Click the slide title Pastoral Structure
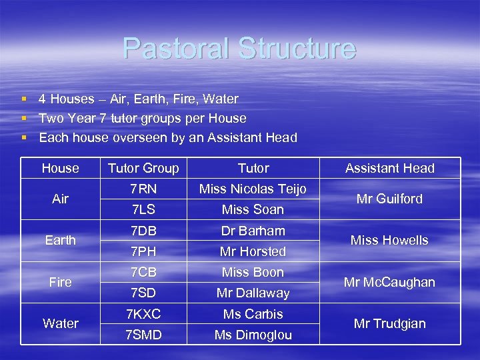click(x=239, y=49)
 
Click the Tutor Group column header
click(x=143, y=168)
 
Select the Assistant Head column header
click(x=390, y=168)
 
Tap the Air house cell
click(x=60, y=199)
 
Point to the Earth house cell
click(x=60, y=240)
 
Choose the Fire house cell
click(x=60, y=282)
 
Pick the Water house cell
click(x=60, y=323)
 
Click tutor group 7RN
click(x=143, y=189)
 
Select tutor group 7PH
click(x=143, y=251)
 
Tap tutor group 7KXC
click(x=143, y=314)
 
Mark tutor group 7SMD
click(x=143, y=335)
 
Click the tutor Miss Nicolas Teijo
click(x=253, y=189)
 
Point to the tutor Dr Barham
click(x=253, y=231)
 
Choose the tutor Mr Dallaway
click(x=253, y=293)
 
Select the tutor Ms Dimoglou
click(x=253, y=335)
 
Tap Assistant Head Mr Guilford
click(x=390, y=199)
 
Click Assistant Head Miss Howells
click(x=390, y=240)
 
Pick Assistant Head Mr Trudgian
click(x=390, y=323)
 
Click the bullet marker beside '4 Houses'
click(x=23, y=99)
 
